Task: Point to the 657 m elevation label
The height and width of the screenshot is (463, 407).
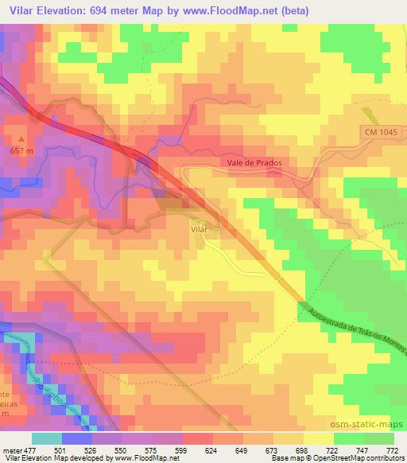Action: coord(21,150)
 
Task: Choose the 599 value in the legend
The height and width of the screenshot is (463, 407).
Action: coord(167,449)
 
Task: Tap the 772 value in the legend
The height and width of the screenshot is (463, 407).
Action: coord(392,449)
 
